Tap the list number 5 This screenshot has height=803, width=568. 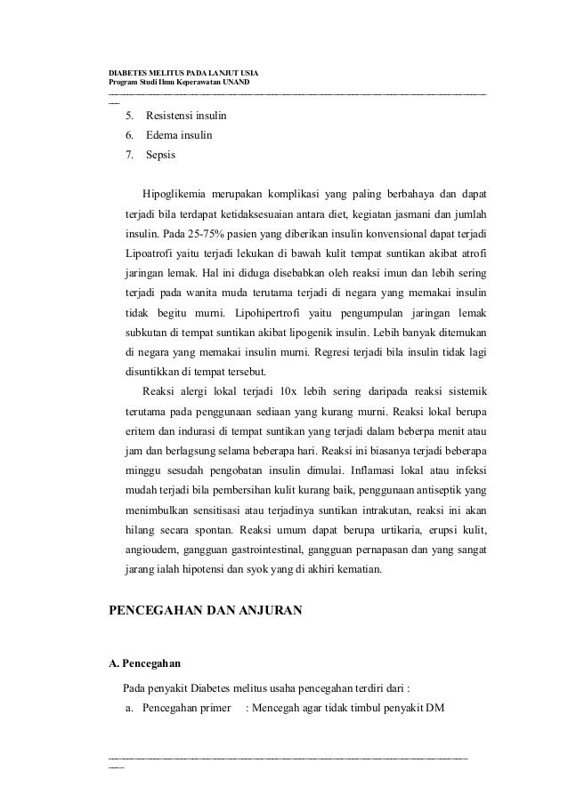[130, 116]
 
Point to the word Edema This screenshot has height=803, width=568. [162, 136]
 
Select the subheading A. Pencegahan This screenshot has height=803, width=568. [142, 663]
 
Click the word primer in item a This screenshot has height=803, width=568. [213, 707]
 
